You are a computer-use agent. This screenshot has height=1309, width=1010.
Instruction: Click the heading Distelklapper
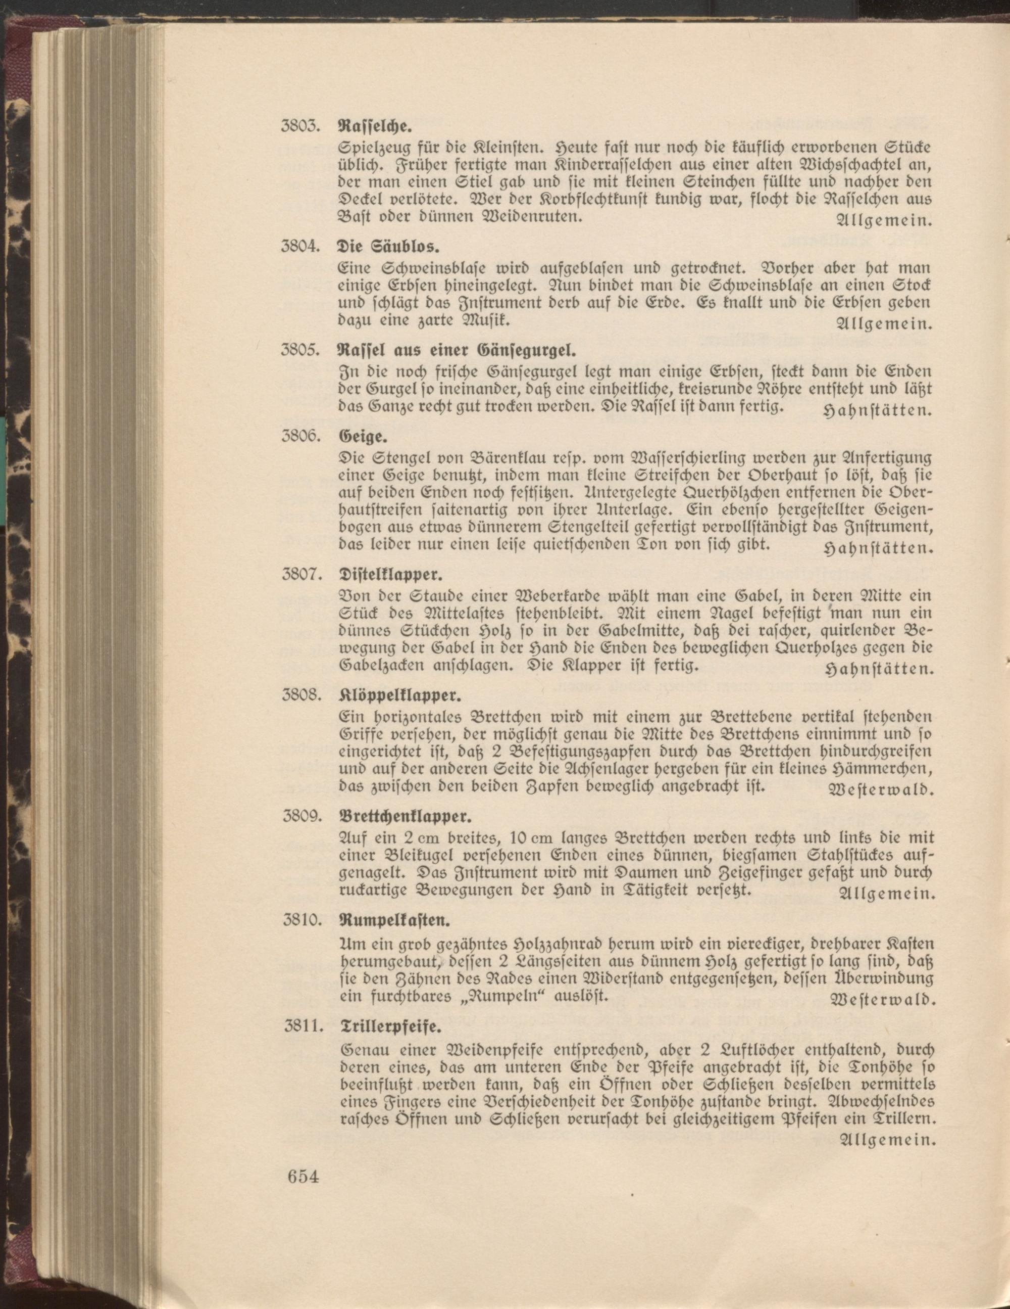389,574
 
